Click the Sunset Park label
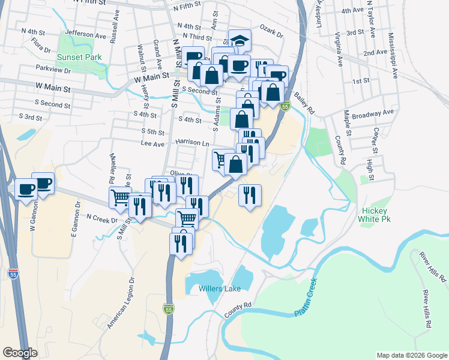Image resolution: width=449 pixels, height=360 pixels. click(79, 58)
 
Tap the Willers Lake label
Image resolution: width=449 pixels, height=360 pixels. click(220, 289)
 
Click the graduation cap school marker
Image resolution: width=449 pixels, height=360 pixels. click(240, 41)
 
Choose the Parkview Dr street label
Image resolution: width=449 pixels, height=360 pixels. click(53, 70)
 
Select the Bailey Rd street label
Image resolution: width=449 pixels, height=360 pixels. click(304, 103)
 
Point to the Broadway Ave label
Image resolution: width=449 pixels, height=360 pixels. click(372, 112)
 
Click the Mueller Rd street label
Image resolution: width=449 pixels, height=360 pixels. click(112, 167)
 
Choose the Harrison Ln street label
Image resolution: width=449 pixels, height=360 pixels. click(192, 142)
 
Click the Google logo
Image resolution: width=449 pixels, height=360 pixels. click(20, 353)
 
